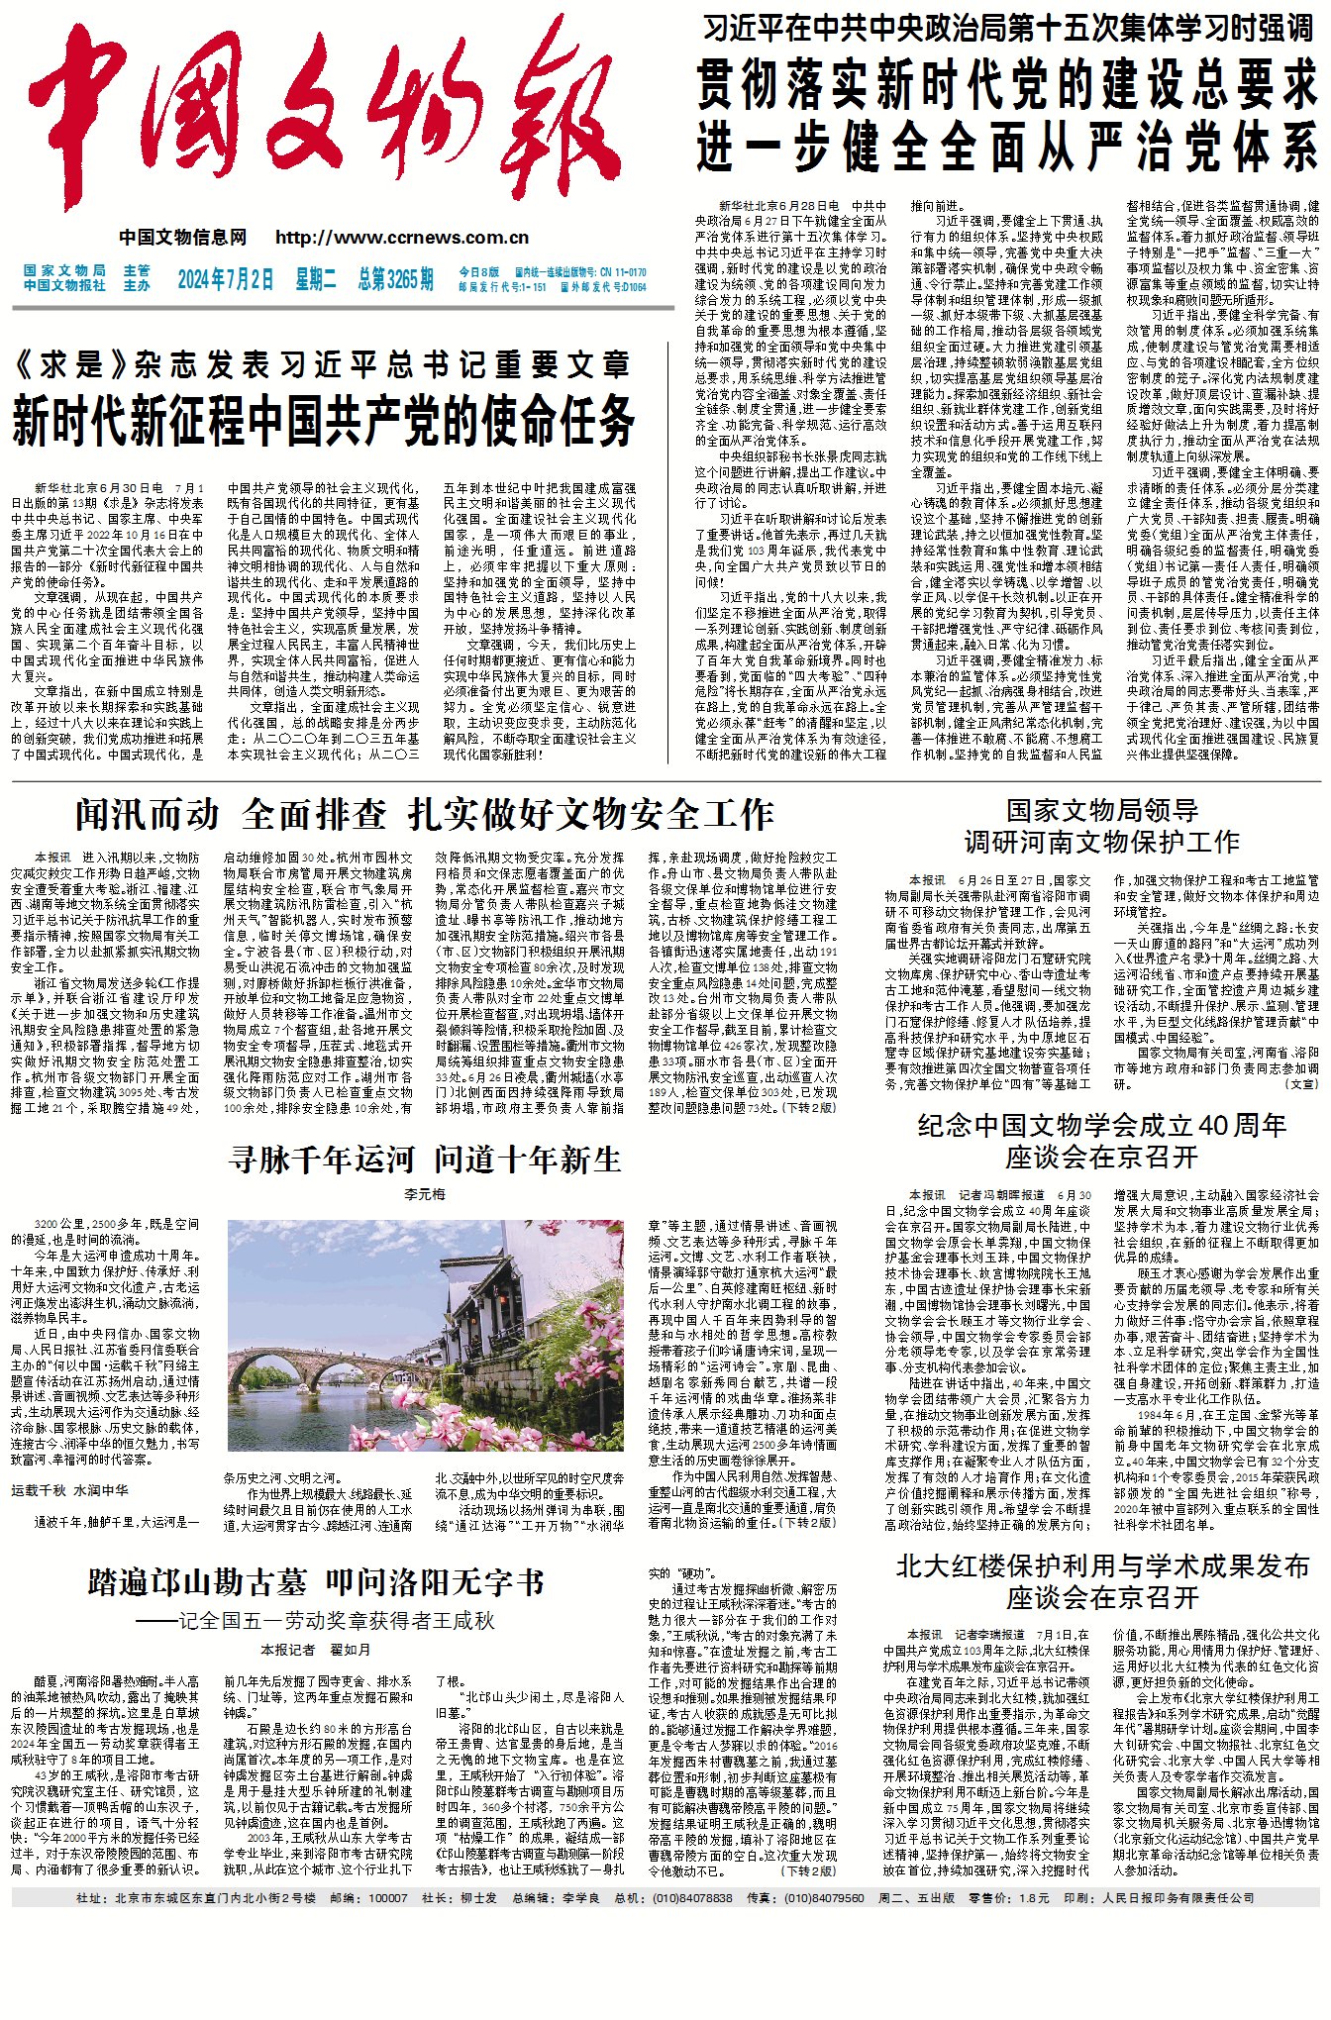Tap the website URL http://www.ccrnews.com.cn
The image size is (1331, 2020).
tap(402, 238)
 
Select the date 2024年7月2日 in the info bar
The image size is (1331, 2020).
tap(225, 279)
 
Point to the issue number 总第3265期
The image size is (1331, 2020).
tap(395, 279)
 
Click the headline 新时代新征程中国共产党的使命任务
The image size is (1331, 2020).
tap(323, 419)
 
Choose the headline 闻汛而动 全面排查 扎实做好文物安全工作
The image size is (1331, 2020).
tap(424, 815)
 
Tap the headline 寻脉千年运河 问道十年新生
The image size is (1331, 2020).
tap(425, 1160)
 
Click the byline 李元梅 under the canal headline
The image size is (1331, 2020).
tap(425, 1195)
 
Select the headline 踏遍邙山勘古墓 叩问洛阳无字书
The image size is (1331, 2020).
tap(316, 1582)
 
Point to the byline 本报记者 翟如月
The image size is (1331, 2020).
tap(316, 1650)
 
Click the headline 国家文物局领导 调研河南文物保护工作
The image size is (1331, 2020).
tap(1101, 826)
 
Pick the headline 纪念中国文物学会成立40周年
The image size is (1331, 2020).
tap(1101, 1126)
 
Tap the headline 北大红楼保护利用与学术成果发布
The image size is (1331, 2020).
tap(1101, 1566)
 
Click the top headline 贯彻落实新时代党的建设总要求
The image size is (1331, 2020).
tap(1006, 84)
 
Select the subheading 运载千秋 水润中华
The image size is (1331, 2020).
tap(69, 1490)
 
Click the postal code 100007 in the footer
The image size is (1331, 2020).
tap(387, 1898)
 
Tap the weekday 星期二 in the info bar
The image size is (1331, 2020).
tap(315, 279)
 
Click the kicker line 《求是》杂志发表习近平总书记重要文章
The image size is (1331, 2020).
tap(323, 365)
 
